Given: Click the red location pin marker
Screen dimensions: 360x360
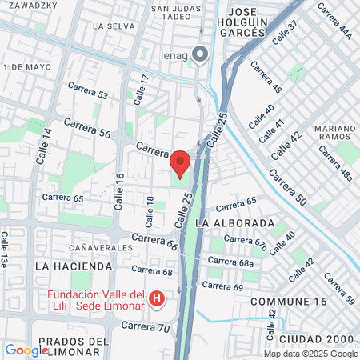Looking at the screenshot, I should [180, 162].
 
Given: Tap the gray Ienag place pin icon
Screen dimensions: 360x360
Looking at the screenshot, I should [200, 54].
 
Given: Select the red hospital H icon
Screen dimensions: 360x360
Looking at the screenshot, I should [158, 299].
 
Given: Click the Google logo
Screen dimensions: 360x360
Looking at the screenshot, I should [26, 350].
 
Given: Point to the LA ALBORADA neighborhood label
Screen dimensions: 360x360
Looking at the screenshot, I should [234, 222].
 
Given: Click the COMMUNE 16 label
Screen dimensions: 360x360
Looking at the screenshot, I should [288, 302].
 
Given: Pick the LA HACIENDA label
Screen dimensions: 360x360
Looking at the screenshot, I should [74, 266].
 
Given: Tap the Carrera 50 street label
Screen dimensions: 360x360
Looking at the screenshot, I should [286, 187].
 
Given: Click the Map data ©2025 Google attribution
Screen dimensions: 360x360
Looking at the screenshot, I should [311, 354].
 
